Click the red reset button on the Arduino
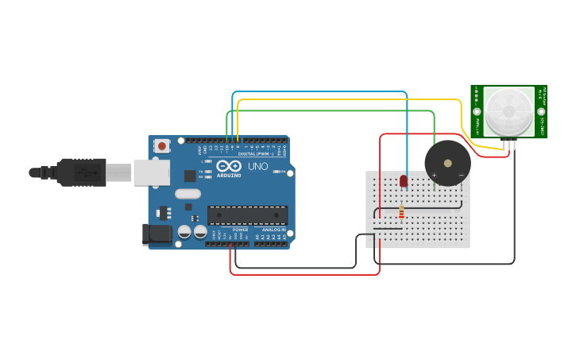pos(162,145)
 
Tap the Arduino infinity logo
pos(229,165)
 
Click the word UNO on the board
pos(258,166)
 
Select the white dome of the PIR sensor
pos(508,111)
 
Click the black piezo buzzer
pos(447,163)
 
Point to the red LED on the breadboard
pos(404,181)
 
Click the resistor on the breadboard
pos(401,212)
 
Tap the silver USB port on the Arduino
pos(151,172)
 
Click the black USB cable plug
pos(79,172)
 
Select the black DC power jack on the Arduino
pos(157,234)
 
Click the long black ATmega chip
pos(247,215)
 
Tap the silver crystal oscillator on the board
pos(188,194)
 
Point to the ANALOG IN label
pos(274,230)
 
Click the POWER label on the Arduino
pos(240,230)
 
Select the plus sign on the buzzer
pos(434,175)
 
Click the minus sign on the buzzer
pos(461,175)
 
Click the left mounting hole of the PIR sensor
pos(477,112)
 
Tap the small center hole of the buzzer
pos(447,163)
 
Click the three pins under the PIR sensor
pos(508,143)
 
